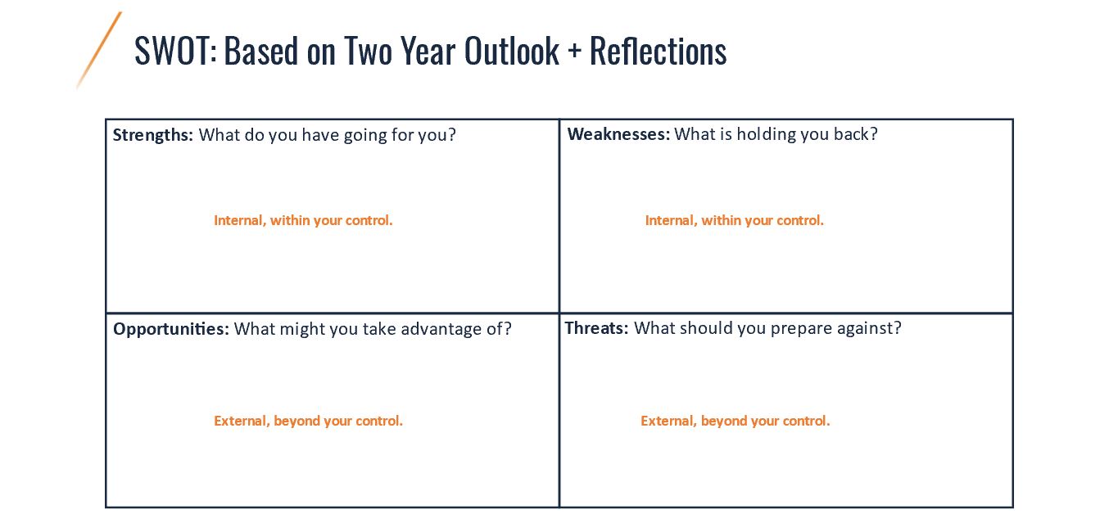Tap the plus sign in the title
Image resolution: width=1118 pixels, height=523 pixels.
(574, 52)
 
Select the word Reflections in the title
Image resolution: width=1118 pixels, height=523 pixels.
(659, 51)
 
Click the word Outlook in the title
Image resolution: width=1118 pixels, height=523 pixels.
(512, 51)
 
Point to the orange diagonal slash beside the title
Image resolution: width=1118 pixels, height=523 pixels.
(99, 51)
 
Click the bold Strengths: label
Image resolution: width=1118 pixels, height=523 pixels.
(152, 135)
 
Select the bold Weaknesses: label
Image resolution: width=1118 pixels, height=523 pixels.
(618, 134)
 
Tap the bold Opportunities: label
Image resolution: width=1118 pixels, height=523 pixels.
(171, 329)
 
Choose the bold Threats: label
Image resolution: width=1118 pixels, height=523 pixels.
(596, 328)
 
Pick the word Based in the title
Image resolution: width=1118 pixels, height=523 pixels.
(261, 51)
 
